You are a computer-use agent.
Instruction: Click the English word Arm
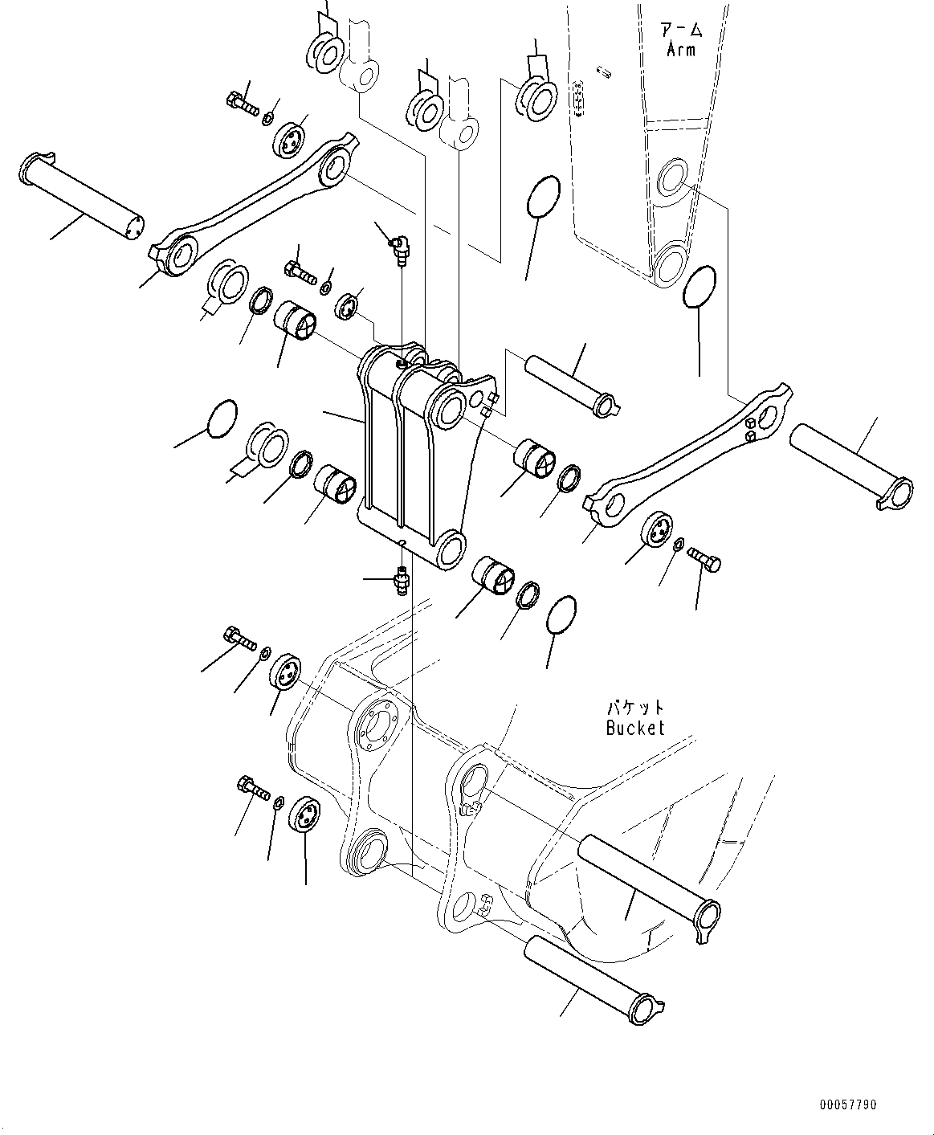pos(681,49)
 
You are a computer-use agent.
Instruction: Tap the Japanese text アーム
pos(682,31)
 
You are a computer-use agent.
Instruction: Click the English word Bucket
pos(635,728)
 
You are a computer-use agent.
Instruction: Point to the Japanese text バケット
pos(635,708)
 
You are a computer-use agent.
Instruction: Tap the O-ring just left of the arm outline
pos(544,196)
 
